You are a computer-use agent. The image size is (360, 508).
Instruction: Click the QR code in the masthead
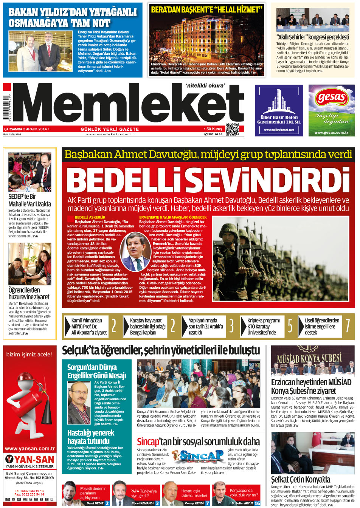(232, 129)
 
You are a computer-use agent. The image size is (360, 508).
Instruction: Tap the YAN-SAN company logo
(30, 459)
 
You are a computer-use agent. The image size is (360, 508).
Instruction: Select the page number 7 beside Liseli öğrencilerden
(348, 326)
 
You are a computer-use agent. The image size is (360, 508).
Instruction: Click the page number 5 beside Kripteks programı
(290, 326)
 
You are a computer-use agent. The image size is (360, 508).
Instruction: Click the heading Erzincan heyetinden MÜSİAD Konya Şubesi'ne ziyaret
(311, 386)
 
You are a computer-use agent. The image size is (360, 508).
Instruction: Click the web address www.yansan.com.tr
(30, 449)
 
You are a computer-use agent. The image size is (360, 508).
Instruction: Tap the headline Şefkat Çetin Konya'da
(301, 480)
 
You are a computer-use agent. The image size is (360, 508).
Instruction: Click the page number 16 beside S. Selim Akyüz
(257, 503)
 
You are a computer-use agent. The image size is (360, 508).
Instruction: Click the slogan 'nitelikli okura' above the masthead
(205, 85)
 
